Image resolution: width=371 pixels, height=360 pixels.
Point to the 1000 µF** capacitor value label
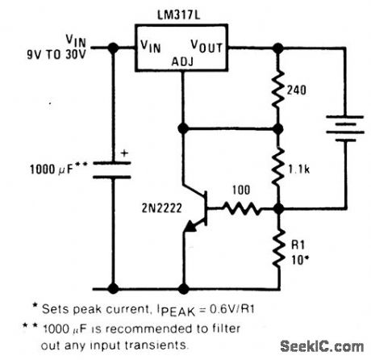(x=56, y=171)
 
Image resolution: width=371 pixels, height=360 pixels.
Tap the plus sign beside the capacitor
(x=124, y=151)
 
